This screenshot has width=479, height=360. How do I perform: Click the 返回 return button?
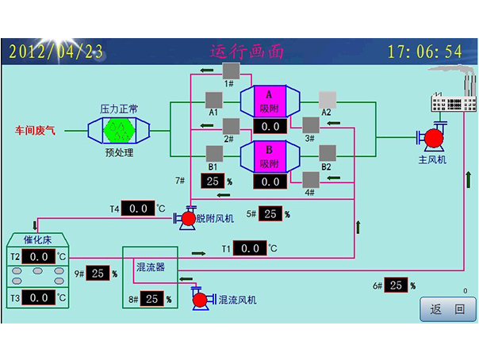coord(447,309)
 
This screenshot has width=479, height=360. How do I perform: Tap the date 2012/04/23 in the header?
coord(56,52)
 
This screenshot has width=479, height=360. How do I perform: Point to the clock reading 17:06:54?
coord(424,52)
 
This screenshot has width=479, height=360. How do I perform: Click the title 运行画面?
coord(247,52)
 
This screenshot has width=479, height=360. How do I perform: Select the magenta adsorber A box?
coord(270,101)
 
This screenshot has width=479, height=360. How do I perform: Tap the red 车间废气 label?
coord(36,129)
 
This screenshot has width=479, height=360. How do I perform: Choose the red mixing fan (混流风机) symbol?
coord(201,300)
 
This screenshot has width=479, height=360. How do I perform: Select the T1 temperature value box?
coord(250,249)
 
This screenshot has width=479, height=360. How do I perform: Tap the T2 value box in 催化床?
coord(38,257)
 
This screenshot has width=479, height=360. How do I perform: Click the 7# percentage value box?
coord(212,181)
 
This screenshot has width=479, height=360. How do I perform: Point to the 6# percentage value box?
coord(397,285)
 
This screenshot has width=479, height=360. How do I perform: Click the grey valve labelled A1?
coord(213,100)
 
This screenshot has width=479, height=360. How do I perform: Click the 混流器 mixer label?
coord(151,267)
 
